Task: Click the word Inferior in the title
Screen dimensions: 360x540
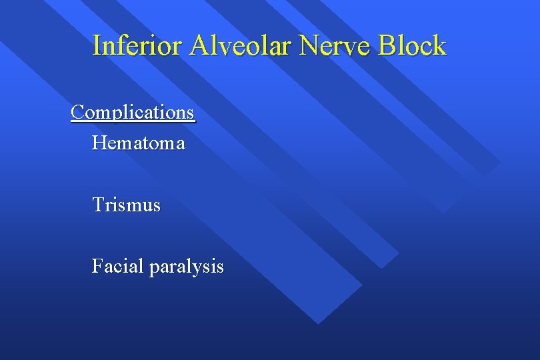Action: coord(138,46)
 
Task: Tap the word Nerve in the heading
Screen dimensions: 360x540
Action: coord(335,46)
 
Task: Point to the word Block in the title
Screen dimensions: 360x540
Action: coord(412,46)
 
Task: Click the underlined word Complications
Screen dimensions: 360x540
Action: coord(133,112)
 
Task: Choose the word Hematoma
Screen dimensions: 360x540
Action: coord(139,143)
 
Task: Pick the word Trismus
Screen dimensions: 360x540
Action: coord(127,205)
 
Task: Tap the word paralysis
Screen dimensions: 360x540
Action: coord(187,267)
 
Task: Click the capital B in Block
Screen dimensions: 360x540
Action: coord(387,46)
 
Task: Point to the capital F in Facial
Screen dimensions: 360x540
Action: coord(97,266)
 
